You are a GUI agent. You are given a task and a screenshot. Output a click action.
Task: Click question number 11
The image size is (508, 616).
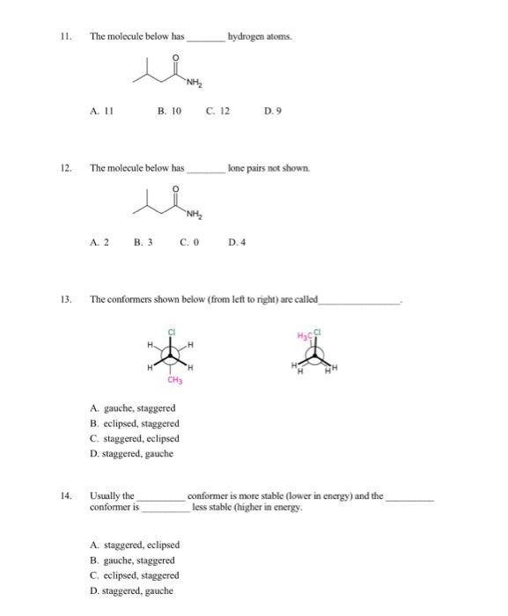coord(64,37)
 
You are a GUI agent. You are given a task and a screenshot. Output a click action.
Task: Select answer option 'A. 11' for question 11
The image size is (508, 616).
coord(102,112)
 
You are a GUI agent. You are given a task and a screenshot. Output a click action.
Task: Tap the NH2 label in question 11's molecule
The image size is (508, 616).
coord(193,83)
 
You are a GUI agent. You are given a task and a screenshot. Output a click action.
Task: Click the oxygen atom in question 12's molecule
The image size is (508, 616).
coord(176,187)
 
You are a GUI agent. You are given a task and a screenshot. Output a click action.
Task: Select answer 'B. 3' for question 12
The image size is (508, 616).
coord(143,241)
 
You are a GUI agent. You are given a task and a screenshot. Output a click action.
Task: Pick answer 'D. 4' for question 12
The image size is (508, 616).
coord(237,241)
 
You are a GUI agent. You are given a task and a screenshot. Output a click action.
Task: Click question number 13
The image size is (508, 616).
coord(64,299)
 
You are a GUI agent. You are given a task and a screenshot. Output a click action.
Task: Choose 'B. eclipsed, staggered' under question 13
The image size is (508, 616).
coord(134,423)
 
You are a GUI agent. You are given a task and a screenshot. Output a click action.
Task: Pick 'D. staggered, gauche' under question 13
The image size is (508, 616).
coord(132,453)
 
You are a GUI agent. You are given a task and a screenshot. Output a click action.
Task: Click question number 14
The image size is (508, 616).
coord(64,496)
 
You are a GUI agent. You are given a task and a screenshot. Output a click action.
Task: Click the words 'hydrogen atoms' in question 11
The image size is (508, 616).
coord(259,37)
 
